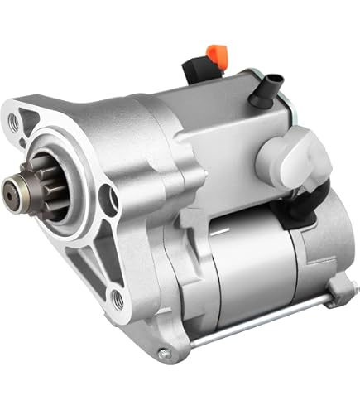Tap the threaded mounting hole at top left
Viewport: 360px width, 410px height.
[14, 121]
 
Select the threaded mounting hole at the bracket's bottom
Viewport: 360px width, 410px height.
[118, 300]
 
